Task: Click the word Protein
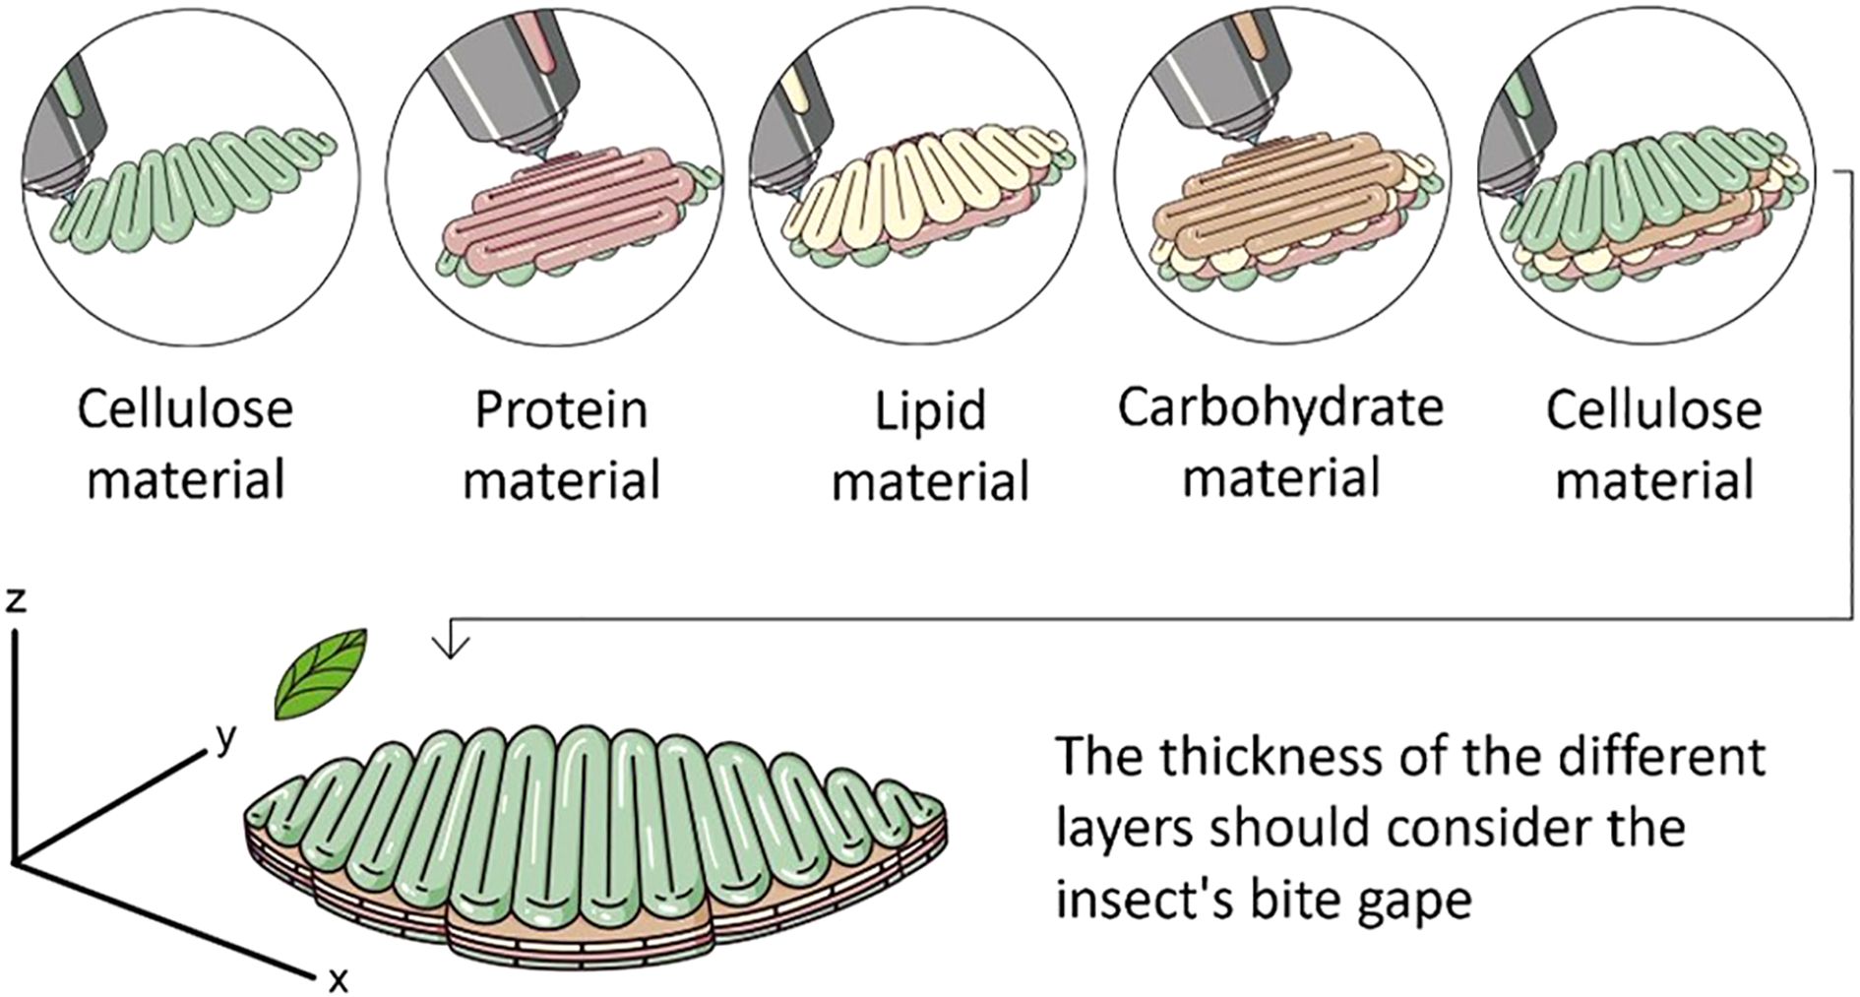(561, 409)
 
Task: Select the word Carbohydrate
(1279, 406)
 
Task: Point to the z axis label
(14, 599)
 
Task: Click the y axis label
(227, 737)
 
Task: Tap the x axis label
(338, 979)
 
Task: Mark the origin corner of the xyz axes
(14, 863)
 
